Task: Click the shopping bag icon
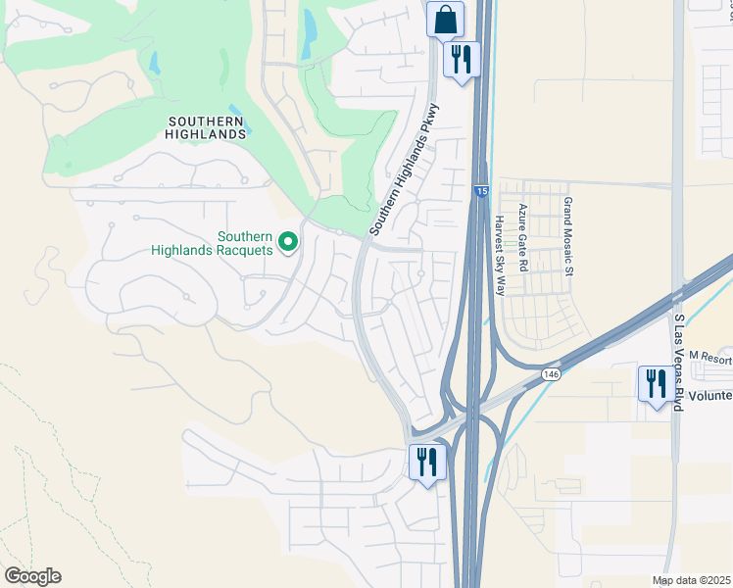tap(445, 19)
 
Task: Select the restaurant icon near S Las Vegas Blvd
tap(655, 382)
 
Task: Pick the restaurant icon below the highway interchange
tap(426, 462)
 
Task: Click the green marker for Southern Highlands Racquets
tap(288, 241)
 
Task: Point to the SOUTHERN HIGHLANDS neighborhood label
tap(206, 127)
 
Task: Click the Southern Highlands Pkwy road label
tap(405, 169)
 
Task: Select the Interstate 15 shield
tap(480, 190)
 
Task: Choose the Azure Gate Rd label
tap(524, 238)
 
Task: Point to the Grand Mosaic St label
tap(567, 233)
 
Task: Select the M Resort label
tap(710, 357)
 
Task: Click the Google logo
tap(32, 576)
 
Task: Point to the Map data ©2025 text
tap(692, 580)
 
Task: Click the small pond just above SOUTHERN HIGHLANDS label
tap(233, 107)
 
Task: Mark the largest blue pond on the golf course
tap(310, 32)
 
